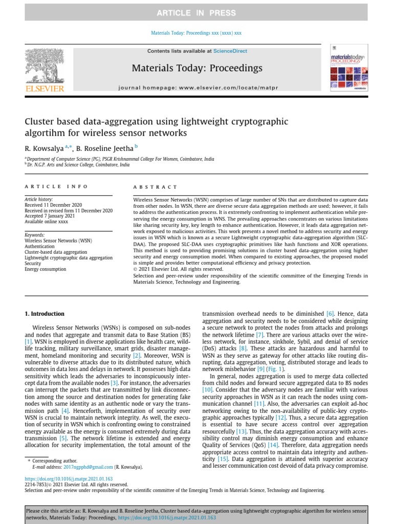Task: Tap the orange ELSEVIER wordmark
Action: pos(45,89)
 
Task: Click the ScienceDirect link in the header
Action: pos(230,51)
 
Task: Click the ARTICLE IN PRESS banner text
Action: pos(196,13)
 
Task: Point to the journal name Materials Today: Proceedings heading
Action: pos(197,68)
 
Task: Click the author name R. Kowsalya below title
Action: pos(45,148)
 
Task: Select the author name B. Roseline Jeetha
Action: pos(105,148)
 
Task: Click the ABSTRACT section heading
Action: pos(155,188)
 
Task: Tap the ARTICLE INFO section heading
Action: pos(56,187)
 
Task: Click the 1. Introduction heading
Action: pos(45,314)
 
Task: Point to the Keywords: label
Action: pos(35,235)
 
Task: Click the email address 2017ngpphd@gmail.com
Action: pos(88,467)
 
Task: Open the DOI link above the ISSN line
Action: pos(69,478)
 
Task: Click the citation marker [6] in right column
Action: pos(330,313)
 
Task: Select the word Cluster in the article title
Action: pos(39,122)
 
